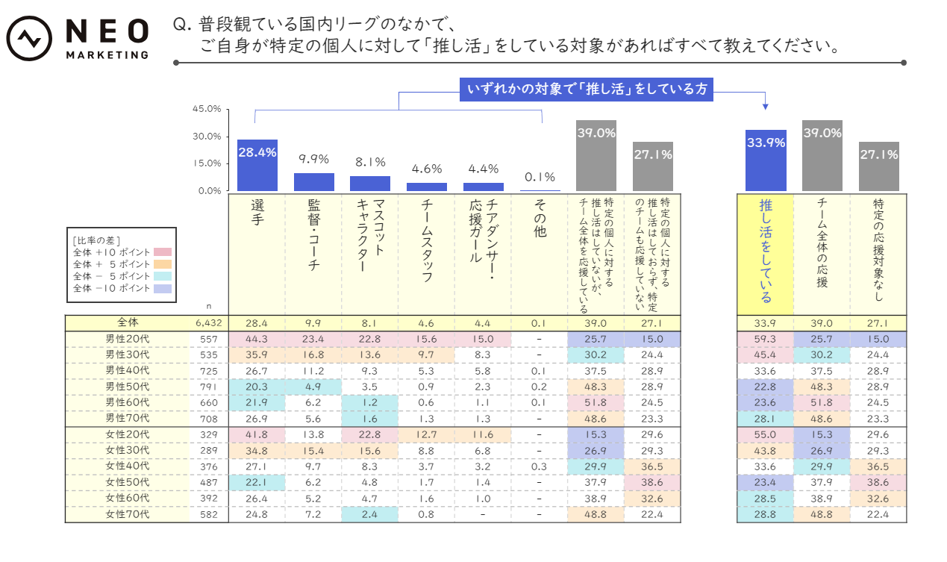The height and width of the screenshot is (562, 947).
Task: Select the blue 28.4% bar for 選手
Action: (257, 165)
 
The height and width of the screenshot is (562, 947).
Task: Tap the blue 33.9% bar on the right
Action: (766, 160)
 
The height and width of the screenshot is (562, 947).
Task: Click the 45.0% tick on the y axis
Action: (207, 109)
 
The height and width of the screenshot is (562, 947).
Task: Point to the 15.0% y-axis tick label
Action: (207, 163)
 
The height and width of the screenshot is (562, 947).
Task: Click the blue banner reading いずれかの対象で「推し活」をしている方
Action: (587, 90)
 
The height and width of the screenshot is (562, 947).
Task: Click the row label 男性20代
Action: (127, 339)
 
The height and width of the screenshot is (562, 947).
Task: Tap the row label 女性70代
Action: (127, 513)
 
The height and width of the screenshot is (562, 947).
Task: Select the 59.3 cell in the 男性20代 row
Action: (765, 339)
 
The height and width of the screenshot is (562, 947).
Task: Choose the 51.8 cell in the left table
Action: (596, 402)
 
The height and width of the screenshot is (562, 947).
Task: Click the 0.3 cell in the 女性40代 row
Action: (539, 466)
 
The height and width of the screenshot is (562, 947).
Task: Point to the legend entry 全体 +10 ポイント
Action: (112, 252)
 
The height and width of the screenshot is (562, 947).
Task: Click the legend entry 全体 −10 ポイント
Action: (112, 287)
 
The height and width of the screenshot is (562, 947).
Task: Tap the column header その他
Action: (540, 220)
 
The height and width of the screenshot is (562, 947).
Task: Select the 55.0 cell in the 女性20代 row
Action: (765, 434)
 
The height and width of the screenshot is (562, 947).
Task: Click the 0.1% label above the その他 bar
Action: (540, 177)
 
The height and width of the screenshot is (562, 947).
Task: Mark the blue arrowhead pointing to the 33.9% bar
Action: (766, 106)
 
